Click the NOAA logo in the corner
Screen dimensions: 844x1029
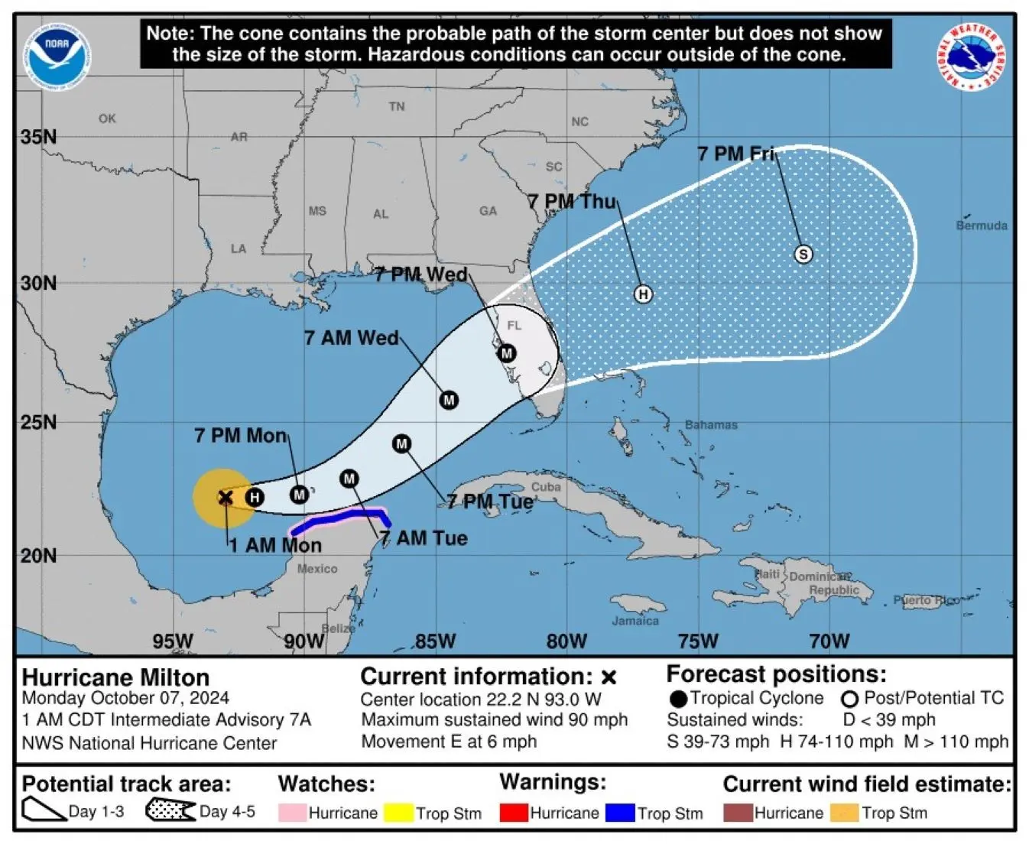57,56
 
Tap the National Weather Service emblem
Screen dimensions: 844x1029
971,56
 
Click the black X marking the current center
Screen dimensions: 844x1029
226,498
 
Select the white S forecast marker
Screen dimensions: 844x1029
803,254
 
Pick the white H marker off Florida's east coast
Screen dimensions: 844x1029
643,294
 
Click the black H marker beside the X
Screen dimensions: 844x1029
254,498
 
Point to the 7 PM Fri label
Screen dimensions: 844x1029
735,154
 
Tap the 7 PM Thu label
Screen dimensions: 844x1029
572,202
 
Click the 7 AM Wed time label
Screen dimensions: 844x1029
352,338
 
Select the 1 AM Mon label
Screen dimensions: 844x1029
275,545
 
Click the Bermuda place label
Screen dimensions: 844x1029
981,226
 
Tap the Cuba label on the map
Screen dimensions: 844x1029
546,487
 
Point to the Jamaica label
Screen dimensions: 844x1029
635,621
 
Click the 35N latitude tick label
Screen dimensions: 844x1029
39,137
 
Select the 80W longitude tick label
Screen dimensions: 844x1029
566,641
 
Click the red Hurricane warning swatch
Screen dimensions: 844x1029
514,813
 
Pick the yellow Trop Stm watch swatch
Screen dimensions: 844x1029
398,813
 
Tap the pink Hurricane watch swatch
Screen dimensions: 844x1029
293,813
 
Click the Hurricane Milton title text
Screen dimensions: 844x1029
115,677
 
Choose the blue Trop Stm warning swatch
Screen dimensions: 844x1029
620,813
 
